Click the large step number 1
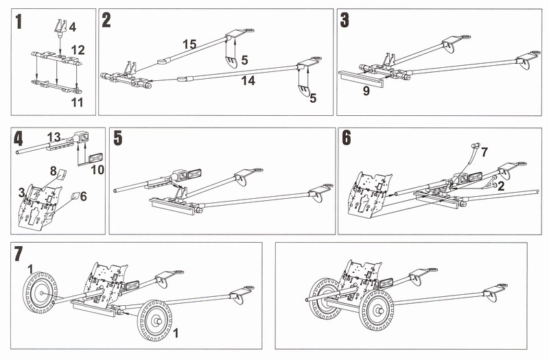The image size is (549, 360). (19, 22)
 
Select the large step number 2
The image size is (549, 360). (106, 20)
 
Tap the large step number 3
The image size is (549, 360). (345, 20)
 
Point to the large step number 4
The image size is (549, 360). (19, 138)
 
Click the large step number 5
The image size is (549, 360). (118, 139)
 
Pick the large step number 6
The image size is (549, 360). (347, 138)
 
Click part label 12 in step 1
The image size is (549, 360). (78, 49)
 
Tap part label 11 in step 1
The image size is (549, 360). (78, 103)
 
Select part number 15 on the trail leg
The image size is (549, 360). (189, 44)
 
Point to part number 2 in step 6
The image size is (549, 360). (504, 186)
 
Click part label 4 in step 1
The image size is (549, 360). (73, 27)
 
